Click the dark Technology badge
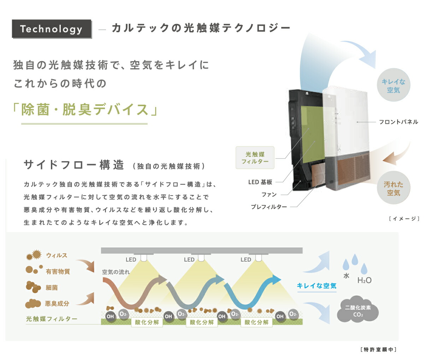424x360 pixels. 52,29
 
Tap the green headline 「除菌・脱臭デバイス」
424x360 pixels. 85,109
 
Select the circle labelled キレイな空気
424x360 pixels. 393,86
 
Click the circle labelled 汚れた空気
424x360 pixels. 393,188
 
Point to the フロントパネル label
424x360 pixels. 398,122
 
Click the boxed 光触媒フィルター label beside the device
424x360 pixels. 255,158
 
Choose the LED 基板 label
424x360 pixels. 260,182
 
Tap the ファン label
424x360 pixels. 269,194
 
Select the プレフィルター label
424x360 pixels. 269,207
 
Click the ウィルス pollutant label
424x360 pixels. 57,255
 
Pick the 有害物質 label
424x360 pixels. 58,272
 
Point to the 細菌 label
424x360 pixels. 52,288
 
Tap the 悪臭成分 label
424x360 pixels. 57,304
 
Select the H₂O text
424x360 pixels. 364,280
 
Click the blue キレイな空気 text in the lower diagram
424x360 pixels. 317,286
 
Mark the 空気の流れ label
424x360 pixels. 116,272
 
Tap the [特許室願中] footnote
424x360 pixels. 378,349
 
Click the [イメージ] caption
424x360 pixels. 404,219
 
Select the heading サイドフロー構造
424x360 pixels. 74,165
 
